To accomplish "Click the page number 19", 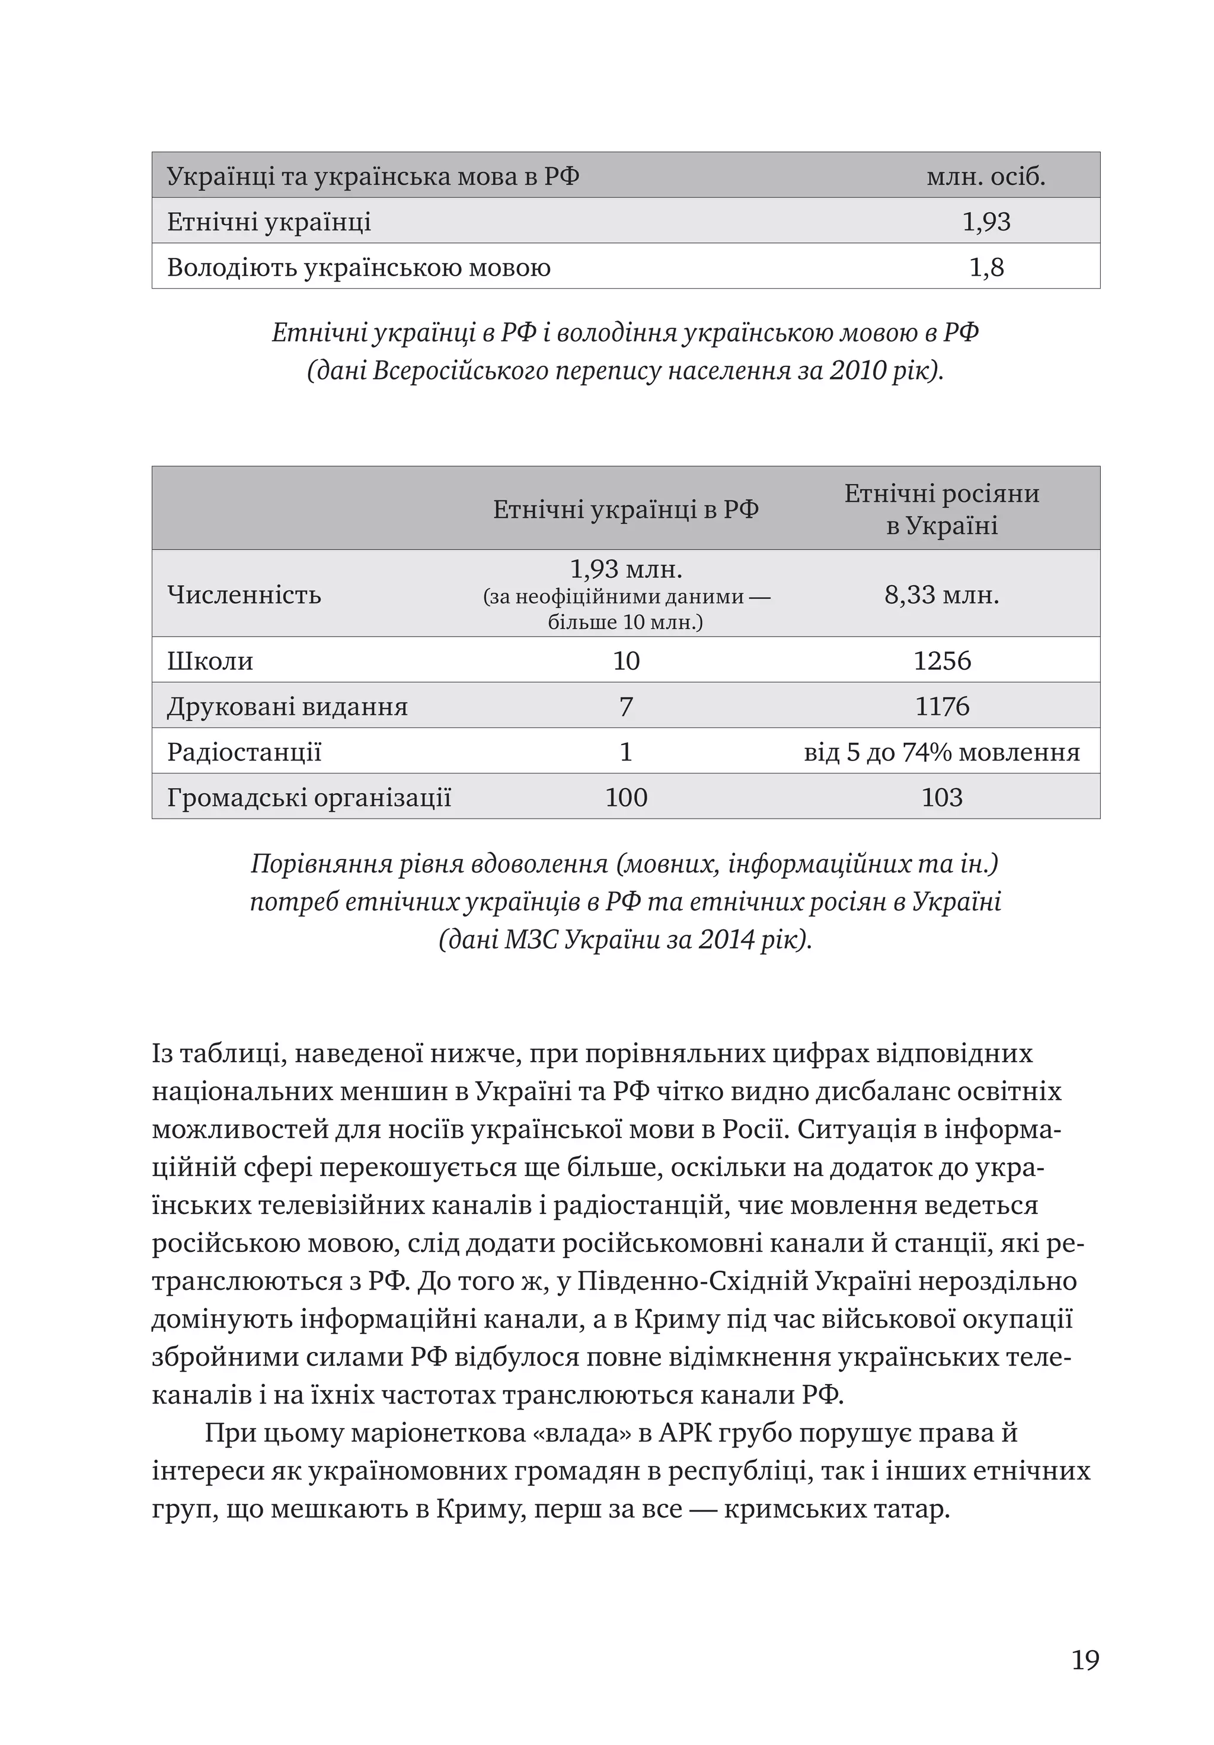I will (x=1085, y=1660).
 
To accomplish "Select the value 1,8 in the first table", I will (x=986, y=267).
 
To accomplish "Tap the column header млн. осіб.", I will (x=986, y=176).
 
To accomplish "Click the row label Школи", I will (x=210, y=660).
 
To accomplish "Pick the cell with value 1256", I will (x=942, y=660).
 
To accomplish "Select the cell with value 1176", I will (x=942, y=706).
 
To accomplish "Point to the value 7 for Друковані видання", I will (x=625, y=706).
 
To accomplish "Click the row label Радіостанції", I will (x=244, y=752).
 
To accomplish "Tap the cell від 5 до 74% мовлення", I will (x=942, y=752).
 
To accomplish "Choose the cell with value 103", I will (x=942, y=797).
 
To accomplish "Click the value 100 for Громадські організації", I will (x=625, y=797).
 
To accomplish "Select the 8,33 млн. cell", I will (x=942, y=595).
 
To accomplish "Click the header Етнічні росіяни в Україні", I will (x=942, y=509).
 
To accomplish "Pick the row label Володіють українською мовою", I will (x=358, y=267).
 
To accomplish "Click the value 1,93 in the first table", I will (x=986, y=222).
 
